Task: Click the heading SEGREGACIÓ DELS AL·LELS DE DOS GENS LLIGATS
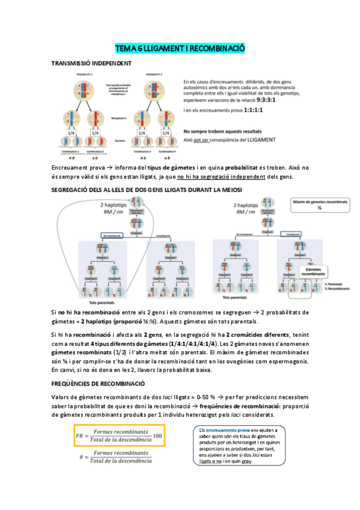[x=147, y=190]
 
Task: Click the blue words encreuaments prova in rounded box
[x=225, y=431]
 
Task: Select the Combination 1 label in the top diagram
[x=81, y=152]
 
